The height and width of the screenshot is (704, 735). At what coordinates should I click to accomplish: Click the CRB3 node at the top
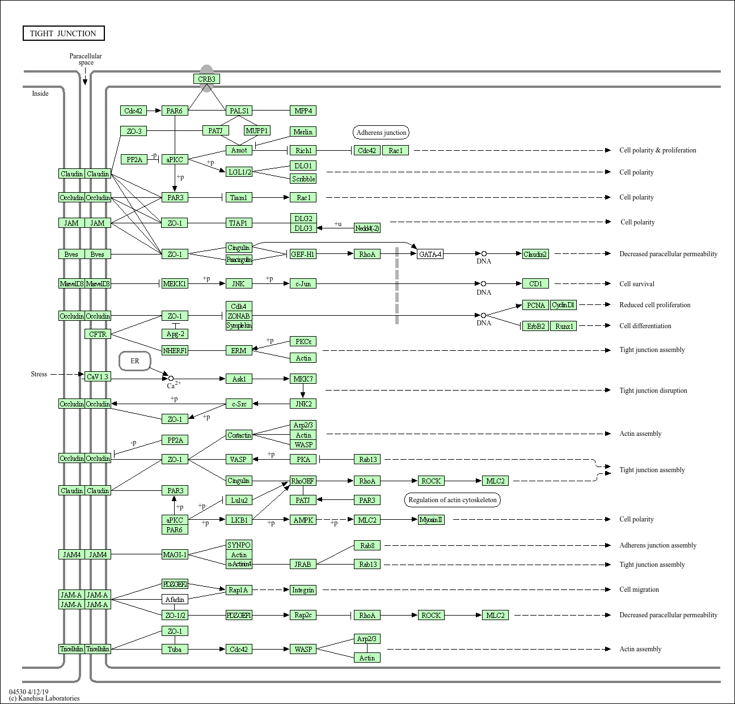[x=206, y=79]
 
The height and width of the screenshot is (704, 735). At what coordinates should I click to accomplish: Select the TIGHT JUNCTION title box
[x=64, y=33]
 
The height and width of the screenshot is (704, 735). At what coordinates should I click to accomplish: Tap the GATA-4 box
[x=430, y=254]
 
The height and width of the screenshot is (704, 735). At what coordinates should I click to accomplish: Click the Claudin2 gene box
[x=535, y=254]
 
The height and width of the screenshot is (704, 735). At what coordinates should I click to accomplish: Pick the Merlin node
[x=303, y=132]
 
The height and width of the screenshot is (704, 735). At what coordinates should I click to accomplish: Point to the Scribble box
[x=303, y=179]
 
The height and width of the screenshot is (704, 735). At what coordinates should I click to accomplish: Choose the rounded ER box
[x=135, y=361]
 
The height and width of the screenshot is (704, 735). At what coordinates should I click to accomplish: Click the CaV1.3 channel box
[x=98, y=376]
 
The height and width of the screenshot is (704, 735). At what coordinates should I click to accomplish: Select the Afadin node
[x=175, y=599]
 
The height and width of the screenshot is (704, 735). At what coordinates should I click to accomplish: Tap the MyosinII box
[x=431, y=520]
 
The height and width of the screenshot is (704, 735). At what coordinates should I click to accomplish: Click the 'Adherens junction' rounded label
[x=381, y=133]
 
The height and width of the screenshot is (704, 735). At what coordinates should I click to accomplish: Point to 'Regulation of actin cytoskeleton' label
[x=453, y=500]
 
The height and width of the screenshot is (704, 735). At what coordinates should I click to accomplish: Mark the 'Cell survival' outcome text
[x=636, y=284]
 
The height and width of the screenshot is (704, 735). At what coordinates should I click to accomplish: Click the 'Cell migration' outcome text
[x=639, y=590]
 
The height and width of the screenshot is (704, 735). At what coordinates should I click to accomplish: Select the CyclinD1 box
[x=563, y=305]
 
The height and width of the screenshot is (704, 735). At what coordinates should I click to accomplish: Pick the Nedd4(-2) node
[x=367, y=228]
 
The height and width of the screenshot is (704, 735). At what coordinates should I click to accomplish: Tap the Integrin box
[x=303, y=590]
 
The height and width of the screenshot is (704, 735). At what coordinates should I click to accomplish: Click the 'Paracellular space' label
[x=86, y=59]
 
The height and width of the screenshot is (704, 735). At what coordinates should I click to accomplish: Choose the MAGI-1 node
[x=175, y=554]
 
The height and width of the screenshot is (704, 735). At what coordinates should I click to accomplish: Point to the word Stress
[x=39, y=374]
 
